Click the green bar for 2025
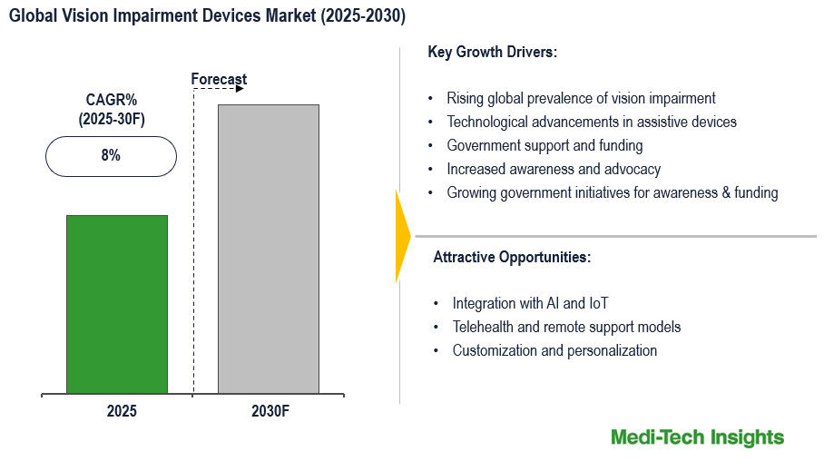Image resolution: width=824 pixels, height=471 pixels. pos(117,304)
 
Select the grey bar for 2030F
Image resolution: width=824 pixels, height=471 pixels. pos(268,249)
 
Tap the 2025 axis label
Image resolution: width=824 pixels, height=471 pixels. pos(122,411)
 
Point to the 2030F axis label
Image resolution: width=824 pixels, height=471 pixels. pos(270,411)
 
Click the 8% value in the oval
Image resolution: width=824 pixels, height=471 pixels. pos(111,156)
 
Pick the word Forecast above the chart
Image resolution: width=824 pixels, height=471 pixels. pos(219,80)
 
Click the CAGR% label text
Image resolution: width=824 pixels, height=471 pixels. pos(112,100)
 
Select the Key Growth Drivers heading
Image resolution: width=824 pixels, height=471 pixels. pos(492,53)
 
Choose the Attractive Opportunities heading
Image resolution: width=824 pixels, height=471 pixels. pos(512,258)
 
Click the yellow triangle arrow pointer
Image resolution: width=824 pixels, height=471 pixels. pos(402,235)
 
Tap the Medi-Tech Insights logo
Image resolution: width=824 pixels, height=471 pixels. pos(697,437)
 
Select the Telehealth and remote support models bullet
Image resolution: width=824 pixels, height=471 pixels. pos(566,327)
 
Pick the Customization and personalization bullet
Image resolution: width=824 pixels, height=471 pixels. pos(554,350)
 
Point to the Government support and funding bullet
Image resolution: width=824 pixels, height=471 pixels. pos(544,145)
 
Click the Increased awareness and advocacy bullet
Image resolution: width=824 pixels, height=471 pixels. pos(554,169)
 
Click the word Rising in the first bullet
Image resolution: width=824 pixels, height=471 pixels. pos(466,98)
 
